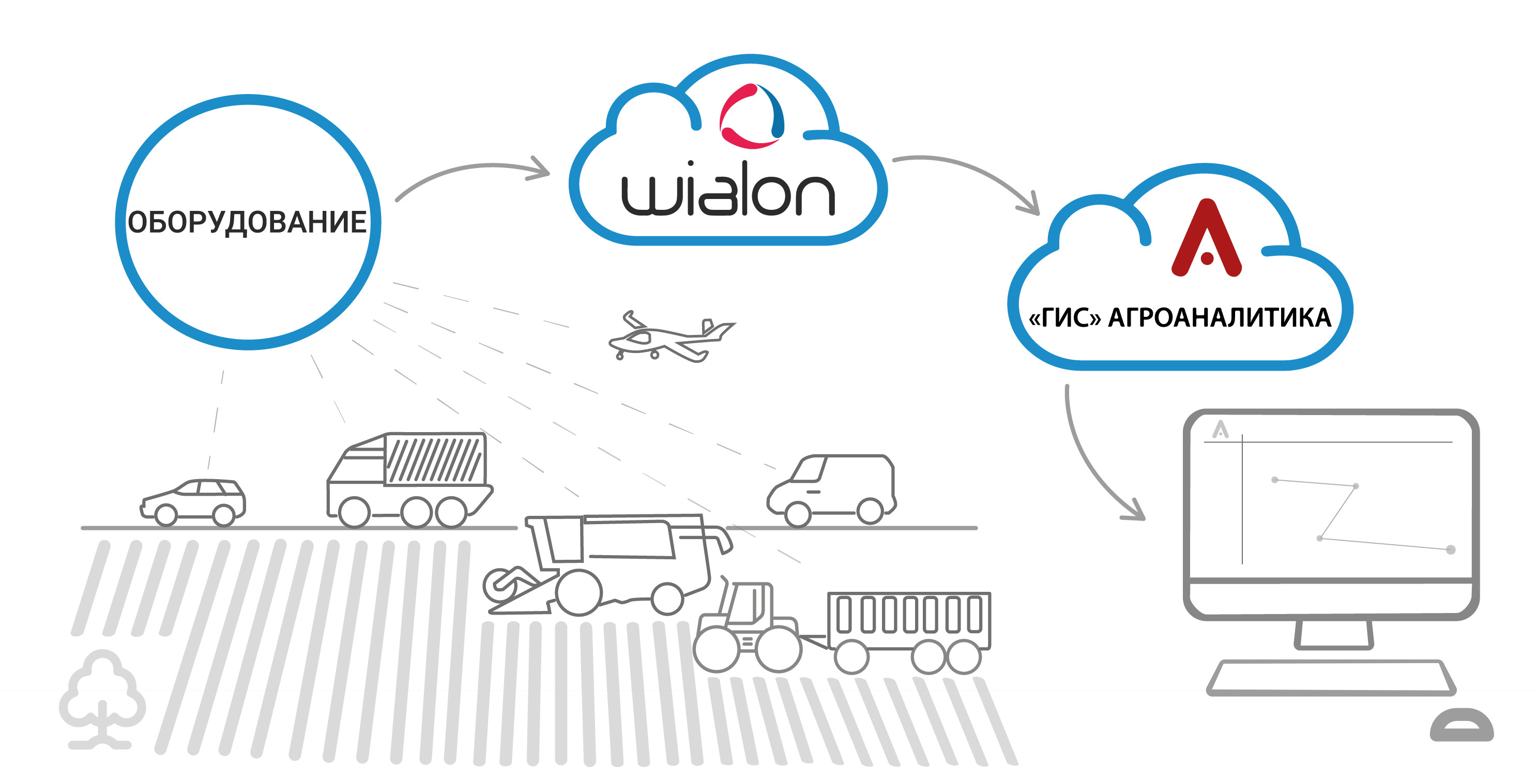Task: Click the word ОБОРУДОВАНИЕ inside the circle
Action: (247, 222)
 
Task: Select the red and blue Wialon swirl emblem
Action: (751, 116)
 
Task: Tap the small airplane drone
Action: (668, 337)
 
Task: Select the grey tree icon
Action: (102, 698)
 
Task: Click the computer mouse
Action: (1462, 725)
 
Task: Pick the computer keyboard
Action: (1331, 678)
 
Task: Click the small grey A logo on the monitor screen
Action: (1220, 430)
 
